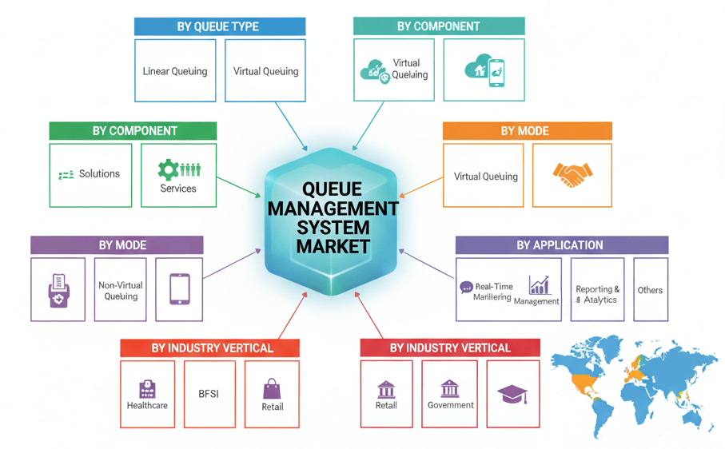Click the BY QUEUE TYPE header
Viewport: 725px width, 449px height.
pos(218,26)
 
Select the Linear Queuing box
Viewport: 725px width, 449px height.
pos(175,71)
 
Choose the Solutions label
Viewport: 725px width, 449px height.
pos(99,173)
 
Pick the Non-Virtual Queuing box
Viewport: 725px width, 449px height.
pos(121,290)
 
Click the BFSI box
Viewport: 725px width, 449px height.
pos(209,393)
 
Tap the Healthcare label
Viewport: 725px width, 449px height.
pos(147,405)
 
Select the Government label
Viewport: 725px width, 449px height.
pos(451,405)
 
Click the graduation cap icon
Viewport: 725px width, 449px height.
pos(512,393)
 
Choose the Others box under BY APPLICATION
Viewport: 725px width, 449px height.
pos(650,290)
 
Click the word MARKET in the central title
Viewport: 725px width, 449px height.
pos(333,245)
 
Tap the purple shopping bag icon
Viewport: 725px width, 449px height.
pos(273,389)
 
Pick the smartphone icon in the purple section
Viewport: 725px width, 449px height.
pos(179,288)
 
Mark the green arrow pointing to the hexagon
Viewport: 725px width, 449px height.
pos(240,185)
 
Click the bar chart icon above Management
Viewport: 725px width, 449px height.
pos(540,285)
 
